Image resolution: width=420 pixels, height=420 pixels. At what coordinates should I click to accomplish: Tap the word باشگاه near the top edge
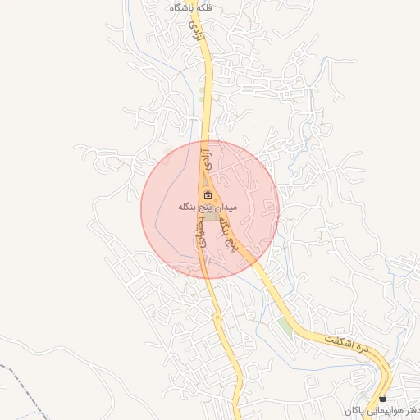click(178, 7)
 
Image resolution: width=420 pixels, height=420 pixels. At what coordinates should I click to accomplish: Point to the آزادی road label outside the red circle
click(196, 31)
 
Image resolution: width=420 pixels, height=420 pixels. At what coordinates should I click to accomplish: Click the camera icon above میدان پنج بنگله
click(207, 195)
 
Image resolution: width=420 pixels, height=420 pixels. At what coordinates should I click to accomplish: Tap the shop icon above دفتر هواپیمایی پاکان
click(382, 399)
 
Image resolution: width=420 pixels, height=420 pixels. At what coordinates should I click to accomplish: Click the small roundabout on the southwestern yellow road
click(217, 317)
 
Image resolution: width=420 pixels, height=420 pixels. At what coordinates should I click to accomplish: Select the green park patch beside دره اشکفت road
click(285, 326)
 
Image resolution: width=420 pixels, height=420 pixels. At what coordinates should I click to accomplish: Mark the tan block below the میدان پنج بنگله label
click(211, 217)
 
